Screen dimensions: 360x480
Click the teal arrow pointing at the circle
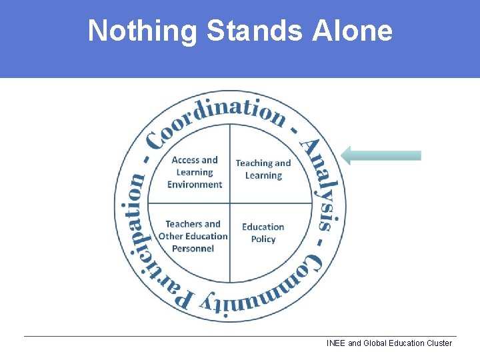381,155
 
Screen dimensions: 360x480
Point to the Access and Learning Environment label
195,172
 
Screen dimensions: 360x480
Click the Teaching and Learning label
263,169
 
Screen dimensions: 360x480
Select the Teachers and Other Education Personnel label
193,236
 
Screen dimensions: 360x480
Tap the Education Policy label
263,233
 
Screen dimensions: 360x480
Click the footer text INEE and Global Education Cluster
389,343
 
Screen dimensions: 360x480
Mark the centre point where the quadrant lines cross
230,203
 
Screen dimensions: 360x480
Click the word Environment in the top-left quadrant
195,185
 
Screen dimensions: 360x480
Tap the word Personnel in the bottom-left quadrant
193,249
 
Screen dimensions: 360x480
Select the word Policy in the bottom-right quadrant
263,239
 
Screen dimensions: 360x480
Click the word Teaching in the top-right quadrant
253,163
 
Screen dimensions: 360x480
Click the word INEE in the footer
336,343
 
